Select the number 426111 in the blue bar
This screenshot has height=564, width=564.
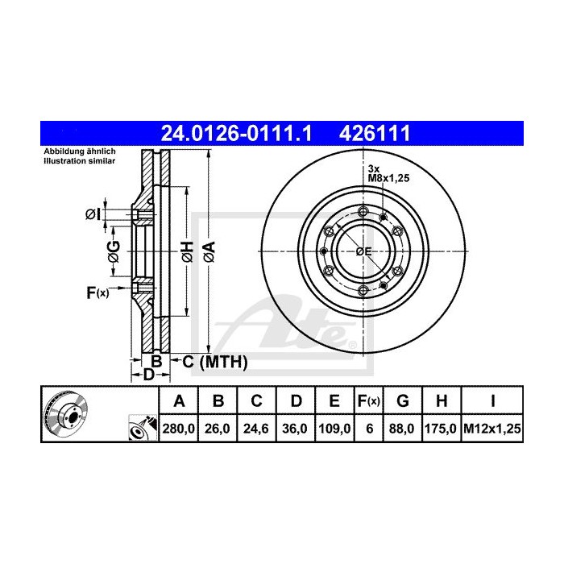378,132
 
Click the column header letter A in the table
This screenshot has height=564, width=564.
180,401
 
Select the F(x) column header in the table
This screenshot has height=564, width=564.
368,401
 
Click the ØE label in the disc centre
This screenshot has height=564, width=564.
363,252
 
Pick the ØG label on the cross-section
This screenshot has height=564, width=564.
114,251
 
